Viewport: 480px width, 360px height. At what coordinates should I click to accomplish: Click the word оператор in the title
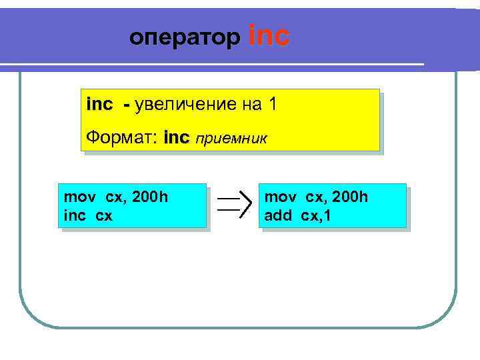(185, 38)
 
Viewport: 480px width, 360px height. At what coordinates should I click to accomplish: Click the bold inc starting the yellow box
(100, 105)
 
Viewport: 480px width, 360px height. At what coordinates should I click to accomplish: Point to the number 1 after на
(271, 105)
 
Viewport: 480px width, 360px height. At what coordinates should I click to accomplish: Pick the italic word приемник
(231, 139)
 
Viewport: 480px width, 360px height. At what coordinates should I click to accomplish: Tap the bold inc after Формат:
(176, 138)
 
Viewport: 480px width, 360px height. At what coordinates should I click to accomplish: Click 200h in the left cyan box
(150, 197)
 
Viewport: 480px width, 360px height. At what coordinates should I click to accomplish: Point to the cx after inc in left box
(104, 217)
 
